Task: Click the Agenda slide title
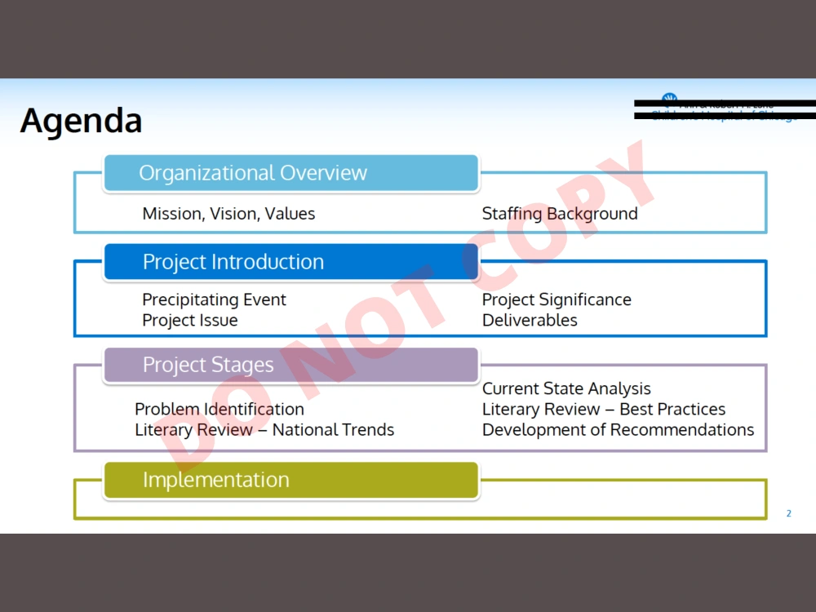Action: (x=81, y=121)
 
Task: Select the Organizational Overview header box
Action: (x=290, y=173)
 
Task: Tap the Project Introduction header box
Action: (x=290, y=262)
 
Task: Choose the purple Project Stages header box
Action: (x=290, y=365)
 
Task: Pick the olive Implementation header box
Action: (x=290, y=480)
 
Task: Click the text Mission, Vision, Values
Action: (x=228, y=214)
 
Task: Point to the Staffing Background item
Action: (x=560, y=214)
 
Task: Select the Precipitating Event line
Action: (x=214, y=299)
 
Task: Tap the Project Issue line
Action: (x=190, y=321)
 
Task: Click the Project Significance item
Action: (x=557, y=299)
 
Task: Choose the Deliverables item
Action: (x=530, y=321)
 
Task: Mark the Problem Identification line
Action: (x=220, y=409)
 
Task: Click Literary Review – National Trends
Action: (x=264, y=430)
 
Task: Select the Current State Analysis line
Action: (x=566, y=388)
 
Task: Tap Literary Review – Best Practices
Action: (x=604, y=409)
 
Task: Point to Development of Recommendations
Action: (x=618, y=430)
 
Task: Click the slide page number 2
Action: (x=788, y=513)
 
